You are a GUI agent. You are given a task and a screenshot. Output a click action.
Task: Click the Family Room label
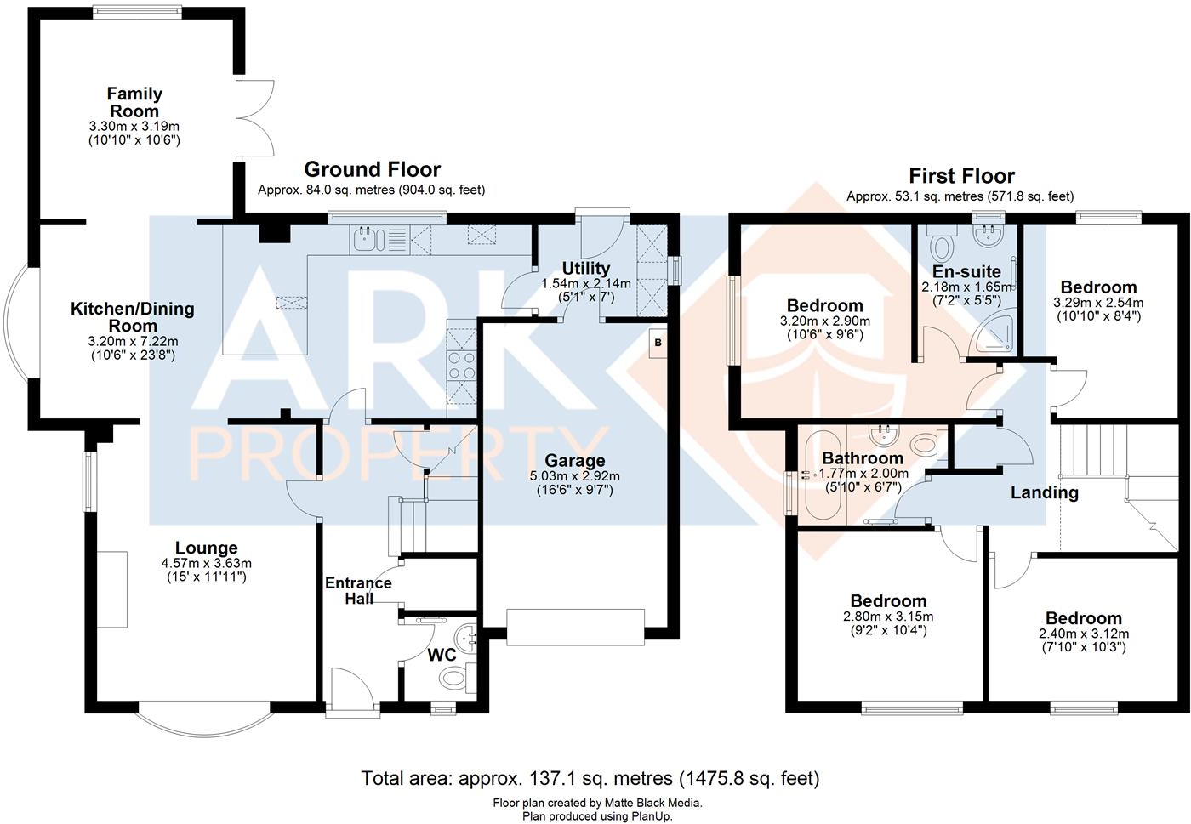click(134, 103)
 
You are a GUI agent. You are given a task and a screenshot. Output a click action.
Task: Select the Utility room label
click(586, 269)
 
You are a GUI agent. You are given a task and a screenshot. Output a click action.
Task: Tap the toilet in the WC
click(454, 678)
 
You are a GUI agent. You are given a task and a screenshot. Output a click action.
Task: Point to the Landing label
click(1044, 492)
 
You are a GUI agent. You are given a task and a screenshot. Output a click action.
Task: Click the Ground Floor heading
click(372, 169)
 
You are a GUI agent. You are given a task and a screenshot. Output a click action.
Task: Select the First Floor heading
click(961, 176)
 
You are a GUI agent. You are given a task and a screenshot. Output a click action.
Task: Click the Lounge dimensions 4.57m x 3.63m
click(206, 563)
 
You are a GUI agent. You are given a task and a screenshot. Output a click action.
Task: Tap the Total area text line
click(590, 777)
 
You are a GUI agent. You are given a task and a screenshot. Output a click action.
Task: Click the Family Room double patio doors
click(255, 118)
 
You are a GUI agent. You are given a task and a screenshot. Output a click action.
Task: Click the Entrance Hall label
click(358, 590)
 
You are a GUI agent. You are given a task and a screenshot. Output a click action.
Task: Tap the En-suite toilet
click(942, 247)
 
